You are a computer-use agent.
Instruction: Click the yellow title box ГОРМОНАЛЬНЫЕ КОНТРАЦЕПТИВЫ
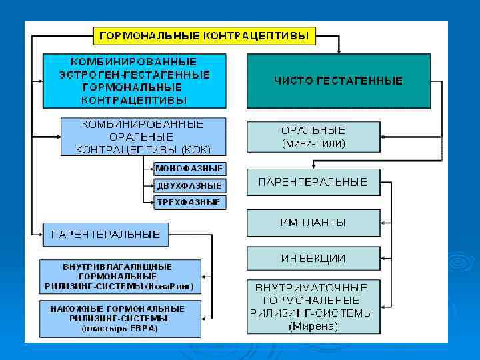(x=204, y=35)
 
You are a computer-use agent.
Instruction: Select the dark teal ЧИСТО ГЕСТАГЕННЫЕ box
(x=339, y=81)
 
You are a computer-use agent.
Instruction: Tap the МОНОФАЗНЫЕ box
(x=189, y=169)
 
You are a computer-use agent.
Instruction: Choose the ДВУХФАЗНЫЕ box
(x=189, y=185)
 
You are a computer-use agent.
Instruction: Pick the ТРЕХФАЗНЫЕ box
(x=189, y=202)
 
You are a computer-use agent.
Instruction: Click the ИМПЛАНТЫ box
(x=313, y=222)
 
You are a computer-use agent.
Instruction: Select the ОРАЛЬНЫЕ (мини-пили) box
(x=313, y=137)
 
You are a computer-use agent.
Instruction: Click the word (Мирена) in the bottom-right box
(x=313, y=327)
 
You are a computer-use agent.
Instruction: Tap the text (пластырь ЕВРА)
(x=119, y=329)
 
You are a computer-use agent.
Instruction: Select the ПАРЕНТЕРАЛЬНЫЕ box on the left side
(x=105, y=234)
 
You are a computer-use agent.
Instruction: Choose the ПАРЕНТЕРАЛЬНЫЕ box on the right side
(x=313, y=182)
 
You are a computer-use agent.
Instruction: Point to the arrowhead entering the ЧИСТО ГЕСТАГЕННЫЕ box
(x=339, y=51)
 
